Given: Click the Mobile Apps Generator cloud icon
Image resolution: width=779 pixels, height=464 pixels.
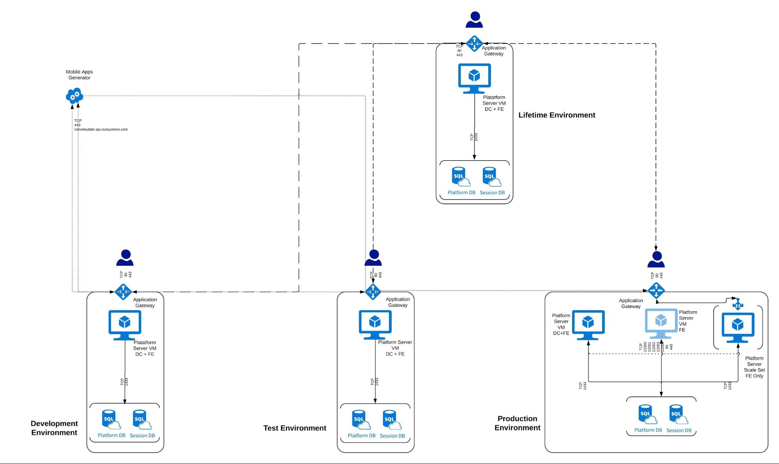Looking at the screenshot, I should [74, 95].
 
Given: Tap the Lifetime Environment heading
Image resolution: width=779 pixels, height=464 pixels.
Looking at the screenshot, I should [556, 115].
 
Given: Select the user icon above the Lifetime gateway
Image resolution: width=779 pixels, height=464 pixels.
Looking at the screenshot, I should [474, 20].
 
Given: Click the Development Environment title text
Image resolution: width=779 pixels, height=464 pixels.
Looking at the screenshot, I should [54, 428].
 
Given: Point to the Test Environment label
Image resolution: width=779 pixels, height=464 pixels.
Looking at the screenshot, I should [295, 428].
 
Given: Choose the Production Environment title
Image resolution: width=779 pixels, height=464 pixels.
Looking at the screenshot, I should [517, 423].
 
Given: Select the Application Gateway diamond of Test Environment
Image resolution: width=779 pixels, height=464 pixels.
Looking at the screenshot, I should [373, 291].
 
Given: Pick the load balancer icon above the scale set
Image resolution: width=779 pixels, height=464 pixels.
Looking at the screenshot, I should [738, 304].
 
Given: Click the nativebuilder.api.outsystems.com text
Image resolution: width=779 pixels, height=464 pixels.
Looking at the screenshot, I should [101, 129].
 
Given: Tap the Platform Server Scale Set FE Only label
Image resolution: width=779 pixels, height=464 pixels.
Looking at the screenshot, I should [754, 367].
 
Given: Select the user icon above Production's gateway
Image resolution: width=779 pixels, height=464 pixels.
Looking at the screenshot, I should [656, 259].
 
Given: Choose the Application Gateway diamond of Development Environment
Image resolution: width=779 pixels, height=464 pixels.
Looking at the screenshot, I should [123, 292].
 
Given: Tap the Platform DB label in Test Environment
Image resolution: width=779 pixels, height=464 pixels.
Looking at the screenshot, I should [361, 436].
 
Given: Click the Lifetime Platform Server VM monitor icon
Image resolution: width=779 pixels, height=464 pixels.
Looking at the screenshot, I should [474, 78].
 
